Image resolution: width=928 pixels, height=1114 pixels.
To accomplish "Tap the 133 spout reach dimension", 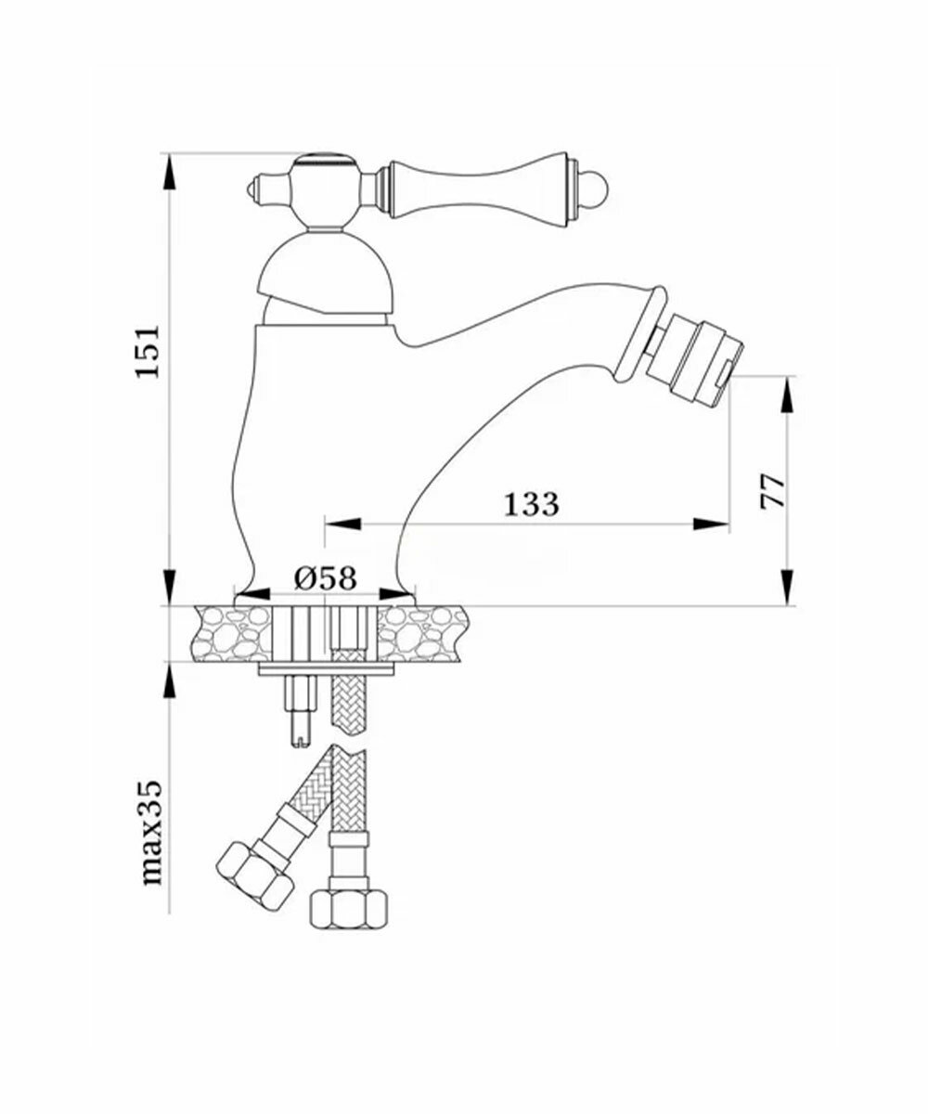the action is [x=531, y=504].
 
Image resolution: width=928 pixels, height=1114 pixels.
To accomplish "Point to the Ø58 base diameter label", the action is [x=325, y=577].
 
